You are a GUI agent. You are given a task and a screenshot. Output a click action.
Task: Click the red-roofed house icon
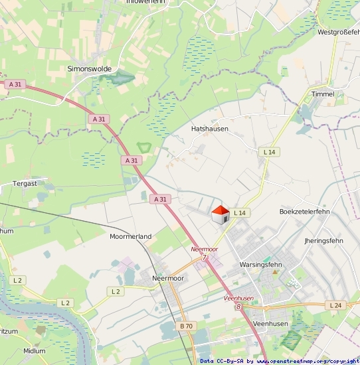click(x=220, y=215)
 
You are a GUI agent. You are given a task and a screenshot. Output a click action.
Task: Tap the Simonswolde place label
click(x=90, y=68)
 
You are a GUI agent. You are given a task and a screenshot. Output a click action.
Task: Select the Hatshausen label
click(x=209, y=129)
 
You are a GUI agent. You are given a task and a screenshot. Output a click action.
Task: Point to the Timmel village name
click(x=323, y=94)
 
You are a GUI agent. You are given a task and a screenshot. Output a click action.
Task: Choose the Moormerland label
click(x=130, y=236)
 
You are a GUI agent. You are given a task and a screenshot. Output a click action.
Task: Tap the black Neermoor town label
click(x=168, y=278)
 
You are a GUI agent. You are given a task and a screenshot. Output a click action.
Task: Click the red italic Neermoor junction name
click(x=204, y=249)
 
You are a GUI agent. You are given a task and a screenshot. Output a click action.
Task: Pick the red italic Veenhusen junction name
click(x=239, y=299)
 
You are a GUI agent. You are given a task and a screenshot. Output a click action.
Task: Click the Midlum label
click(x=35, y=350)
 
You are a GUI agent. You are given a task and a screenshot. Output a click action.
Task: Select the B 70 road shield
click(x=186, y=326)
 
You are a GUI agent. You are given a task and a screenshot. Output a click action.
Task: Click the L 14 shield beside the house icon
click(x=240, y=212)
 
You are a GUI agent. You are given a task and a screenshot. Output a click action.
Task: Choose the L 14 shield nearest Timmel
click(x=269, y=152)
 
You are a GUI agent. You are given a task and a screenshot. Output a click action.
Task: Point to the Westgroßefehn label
click(x=338, y=32)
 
